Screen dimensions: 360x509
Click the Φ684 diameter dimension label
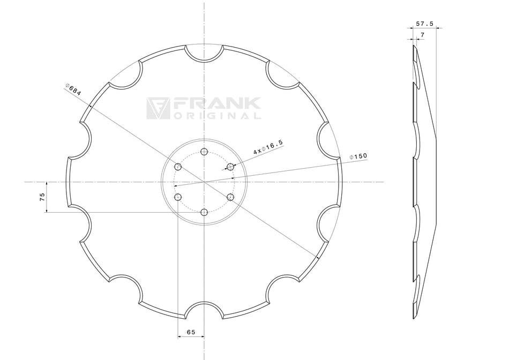click(73, 89)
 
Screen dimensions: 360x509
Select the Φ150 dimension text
click(358, 156)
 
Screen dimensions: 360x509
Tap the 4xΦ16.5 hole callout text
click(268, 147)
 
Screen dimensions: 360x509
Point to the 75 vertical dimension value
click(42, 197)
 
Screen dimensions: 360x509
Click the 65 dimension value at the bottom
click(190, 332)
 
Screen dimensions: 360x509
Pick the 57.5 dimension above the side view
click(424, 24)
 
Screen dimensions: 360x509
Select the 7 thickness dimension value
click(422, 34)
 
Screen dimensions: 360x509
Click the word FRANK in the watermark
click(216, 104)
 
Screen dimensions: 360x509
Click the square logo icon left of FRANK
click(158, 108)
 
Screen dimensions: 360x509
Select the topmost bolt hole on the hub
click(204, 152)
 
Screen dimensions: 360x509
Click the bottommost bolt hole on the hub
click(204, 212)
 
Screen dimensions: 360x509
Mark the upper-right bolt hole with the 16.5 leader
click(230, 167)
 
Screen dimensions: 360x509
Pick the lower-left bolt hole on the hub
click(178, 197)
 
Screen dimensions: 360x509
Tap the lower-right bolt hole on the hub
click(230, 197)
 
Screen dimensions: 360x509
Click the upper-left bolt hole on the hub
click(178, 167)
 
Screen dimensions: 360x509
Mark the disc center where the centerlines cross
click(204, 182)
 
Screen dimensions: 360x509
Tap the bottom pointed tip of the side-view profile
click(414, 318)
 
